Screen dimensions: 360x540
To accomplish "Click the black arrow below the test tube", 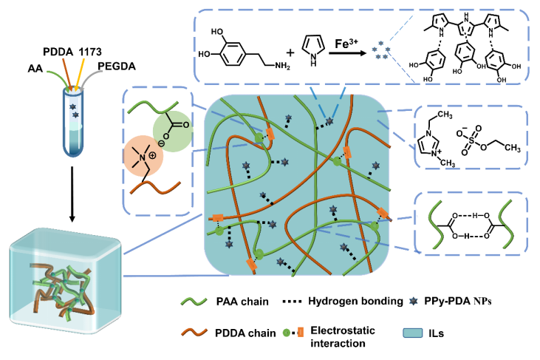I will point(72,200).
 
